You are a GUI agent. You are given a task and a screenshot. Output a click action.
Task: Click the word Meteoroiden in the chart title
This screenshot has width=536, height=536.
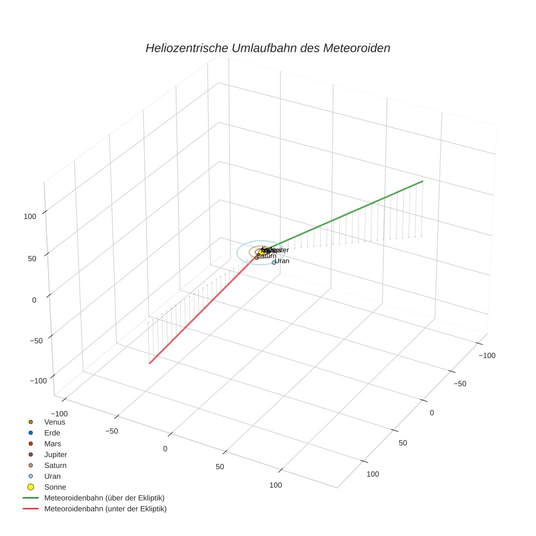point(356,48)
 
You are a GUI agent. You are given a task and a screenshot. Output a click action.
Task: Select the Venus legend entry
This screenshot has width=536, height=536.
point(54,422)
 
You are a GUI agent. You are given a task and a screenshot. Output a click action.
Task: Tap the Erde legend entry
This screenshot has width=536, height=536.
point(52,433)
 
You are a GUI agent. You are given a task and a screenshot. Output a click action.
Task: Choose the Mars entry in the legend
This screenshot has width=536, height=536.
point(53,443)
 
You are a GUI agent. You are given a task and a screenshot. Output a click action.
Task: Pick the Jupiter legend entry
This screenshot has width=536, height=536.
point(56,454)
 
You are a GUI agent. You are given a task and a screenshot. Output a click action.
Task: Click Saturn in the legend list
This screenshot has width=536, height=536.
point(55,465)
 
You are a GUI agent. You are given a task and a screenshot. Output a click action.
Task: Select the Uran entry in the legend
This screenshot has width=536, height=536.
point(52,476)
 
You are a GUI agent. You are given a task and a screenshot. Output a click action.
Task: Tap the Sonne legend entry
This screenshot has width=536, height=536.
point(54,487)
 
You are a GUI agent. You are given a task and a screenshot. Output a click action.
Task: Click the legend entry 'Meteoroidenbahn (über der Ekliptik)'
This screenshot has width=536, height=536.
point(104,498)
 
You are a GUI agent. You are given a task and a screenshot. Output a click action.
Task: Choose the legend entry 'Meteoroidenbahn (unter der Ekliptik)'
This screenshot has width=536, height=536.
point(105,509)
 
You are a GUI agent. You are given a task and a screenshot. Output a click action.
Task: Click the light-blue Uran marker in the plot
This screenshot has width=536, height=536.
point(274,263)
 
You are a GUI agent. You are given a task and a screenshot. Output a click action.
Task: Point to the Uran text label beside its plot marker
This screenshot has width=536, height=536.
point(282,261)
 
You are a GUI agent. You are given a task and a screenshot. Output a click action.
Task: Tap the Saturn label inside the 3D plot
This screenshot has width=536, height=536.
point(266,256)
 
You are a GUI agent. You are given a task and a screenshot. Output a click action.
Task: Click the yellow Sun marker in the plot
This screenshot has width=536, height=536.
point(261,252)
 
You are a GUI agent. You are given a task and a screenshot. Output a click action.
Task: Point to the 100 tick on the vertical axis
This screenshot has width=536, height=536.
point(30,216)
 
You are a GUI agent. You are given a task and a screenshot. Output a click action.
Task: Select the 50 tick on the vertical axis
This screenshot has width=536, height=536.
point(32,258)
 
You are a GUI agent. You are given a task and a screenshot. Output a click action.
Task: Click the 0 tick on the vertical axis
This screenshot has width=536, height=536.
point(34,300)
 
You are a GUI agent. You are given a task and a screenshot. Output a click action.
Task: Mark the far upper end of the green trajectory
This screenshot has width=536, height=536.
point(423,181)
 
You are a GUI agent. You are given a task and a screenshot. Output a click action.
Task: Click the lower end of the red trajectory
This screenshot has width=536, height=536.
point(149,363)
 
